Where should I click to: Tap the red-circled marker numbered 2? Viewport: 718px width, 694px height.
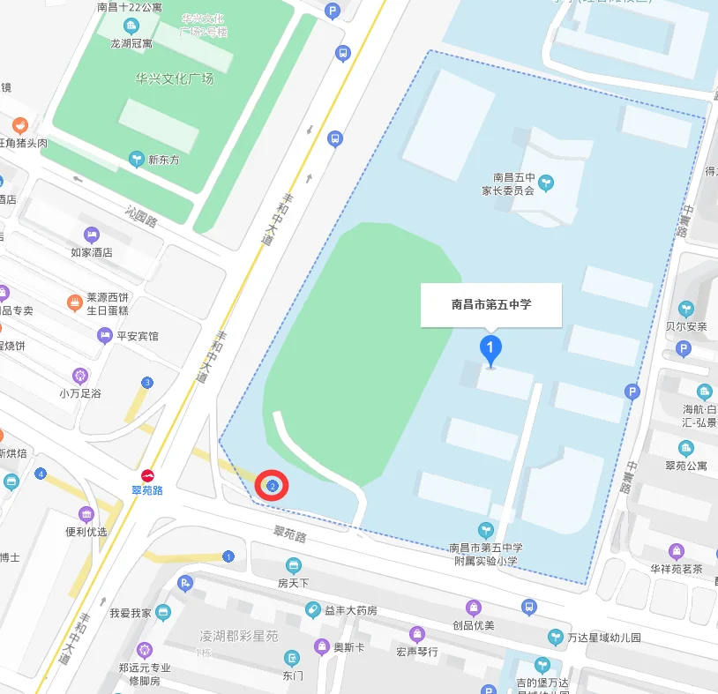273,485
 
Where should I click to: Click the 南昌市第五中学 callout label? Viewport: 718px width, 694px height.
490,304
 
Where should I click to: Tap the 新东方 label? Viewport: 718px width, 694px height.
163,160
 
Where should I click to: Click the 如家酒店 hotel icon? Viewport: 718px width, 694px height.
92,235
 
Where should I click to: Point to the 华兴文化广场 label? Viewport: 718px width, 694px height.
175,78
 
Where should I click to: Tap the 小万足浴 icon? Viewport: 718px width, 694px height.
80,376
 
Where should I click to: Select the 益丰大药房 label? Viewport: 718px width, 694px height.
350,610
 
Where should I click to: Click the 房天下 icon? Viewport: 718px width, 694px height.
293,565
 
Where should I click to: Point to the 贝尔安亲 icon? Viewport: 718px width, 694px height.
686,309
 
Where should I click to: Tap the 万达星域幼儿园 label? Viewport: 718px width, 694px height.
603,637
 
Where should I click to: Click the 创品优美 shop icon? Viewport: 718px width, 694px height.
475,608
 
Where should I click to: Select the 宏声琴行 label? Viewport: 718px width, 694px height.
417,652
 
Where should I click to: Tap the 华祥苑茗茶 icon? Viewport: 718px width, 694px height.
677,552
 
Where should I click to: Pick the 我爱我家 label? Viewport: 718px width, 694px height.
131,612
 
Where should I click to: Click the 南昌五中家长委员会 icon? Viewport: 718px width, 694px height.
547,183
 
